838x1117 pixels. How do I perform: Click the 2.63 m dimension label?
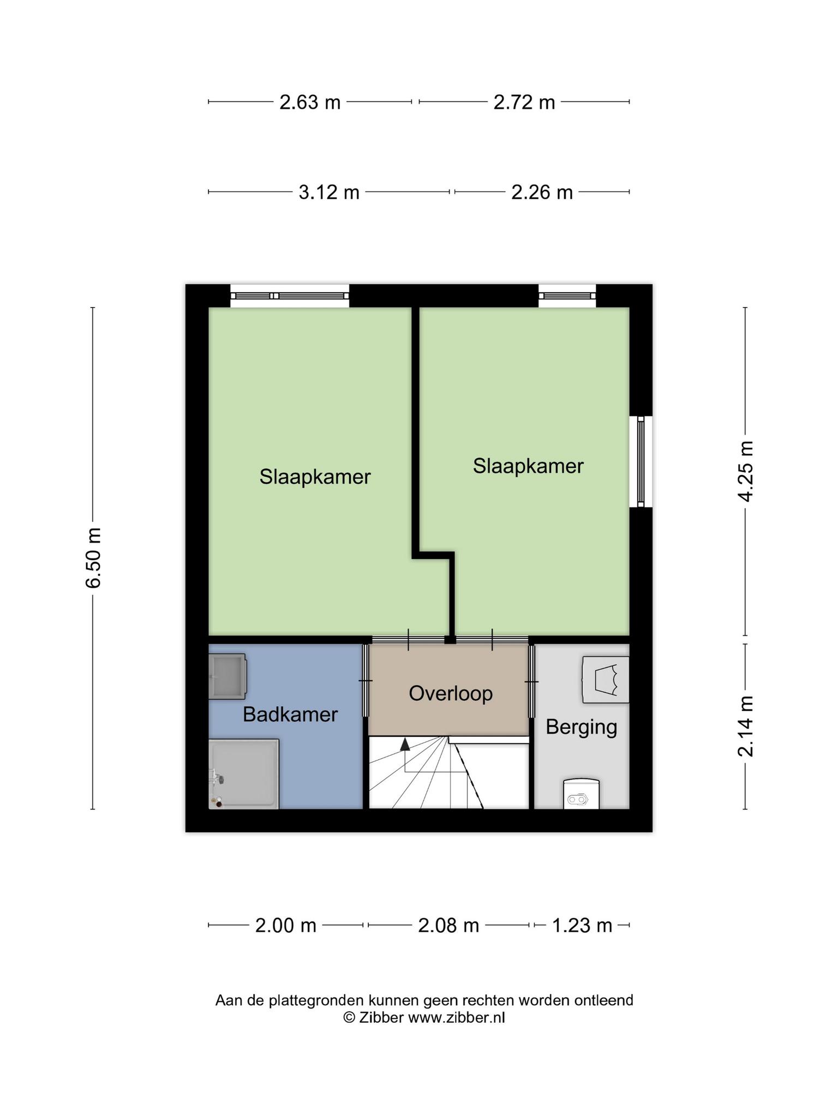[x=309, y=102]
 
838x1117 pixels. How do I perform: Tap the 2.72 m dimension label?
[x=524, y=102]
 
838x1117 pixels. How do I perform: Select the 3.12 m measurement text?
[x=328, y=192]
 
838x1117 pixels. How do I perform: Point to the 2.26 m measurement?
[x=542, y=192]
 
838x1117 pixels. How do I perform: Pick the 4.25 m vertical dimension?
[x=745, y=471]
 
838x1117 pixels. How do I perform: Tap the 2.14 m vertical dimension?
[x=745, y=726]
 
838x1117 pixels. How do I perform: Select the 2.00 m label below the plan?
[x=285, y=926]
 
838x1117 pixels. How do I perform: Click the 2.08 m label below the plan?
[x=448, y=926]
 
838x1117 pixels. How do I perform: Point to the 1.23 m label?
[x=582, y=926]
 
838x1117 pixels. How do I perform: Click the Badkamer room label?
[x=290, y=714]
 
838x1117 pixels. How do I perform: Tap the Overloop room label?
[x=451, y=693]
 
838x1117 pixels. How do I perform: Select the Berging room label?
[x=581, y=727]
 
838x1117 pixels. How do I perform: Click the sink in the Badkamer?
[x=227, y=677]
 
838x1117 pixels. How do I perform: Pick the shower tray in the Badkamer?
[x=244, y=774]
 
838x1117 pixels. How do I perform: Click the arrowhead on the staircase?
[x=405, y=744]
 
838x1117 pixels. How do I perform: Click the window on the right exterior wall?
[x=641, y=461]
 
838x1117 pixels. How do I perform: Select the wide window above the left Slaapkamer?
[x=289, y=296]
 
